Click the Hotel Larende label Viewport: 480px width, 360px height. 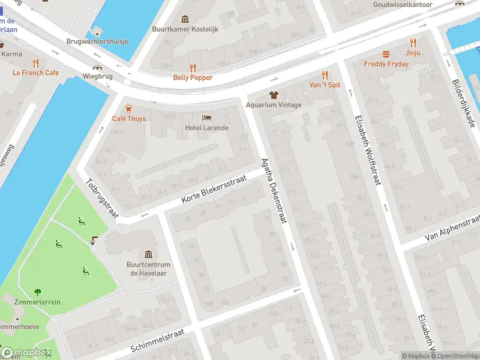pos(206,128)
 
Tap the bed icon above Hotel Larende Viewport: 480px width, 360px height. pos(206,118)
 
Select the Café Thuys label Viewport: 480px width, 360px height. pos(129,118)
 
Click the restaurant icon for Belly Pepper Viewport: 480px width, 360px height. pos(193,67)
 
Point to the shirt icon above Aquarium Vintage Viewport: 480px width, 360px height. pos(274,95)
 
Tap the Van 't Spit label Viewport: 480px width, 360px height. pos(325,85)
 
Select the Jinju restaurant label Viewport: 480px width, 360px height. pos(413,53)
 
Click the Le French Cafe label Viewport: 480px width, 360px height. pos(36,73)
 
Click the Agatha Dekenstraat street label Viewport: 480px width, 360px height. pos(274,190)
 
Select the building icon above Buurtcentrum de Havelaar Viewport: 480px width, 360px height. pos(149,255)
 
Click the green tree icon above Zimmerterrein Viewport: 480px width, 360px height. pos(38,292)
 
